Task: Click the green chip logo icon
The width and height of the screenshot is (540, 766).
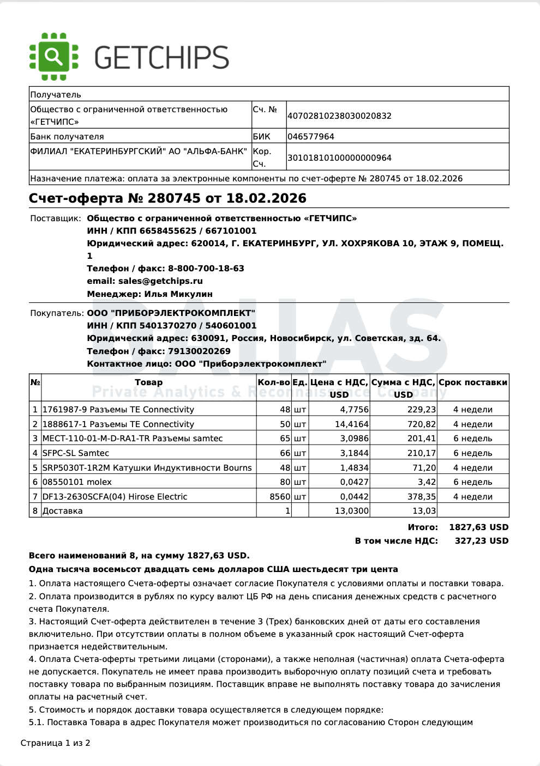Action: [53, 57]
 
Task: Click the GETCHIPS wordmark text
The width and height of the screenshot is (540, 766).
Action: [161, 58]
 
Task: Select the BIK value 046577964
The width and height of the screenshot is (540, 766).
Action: [311, 137]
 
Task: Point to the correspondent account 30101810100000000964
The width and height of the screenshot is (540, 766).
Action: [339, 158]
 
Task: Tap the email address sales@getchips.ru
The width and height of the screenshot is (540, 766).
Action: [160, 281]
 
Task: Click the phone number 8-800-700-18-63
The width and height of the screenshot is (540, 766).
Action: [206, 269]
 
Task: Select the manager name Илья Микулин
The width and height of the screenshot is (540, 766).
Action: [178, 294]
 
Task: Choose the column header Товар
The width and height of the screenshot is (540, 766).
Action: [148, 382]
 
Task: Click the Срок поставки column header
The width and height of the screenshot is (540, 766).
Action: [473, 382]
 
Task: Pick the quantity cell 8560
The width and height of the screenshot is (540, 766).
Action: [280, 497]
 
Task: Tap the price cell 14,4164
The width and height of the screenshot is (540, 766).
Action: [352, 424]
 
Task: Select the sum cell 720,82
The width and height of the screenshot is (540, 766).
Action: [422, 424]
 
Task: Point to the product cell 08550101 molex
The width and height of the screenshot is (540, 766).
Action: [77, 482]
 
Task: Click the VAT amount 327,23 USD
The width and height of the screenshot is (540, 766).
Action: [482, 541]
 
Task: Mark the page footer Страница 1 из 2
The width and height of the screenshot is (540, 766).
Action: [56, 743]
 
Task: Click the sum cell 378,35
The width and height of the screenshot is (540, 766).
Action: [422, 497]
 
